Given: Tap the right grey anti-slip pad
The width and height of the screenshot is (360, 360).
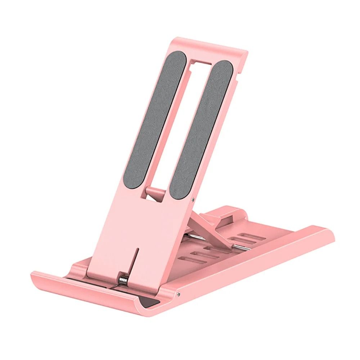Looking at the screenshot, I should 201,130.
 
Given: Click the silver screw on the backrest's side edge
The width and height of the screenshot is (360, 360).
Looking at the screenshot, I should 194,198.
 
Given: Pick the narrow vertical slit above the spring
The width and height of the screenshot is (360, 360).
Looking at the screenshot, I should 136,259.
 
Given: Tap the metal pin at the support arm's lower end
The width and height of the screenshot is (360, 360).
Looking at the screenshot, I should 239,247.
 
